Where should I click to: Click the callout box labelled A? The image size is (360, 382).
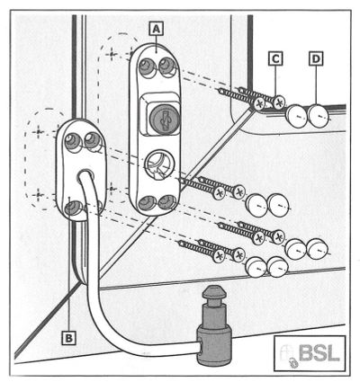(x=156, y=30)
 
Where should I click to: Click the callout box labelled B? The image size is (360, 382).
(x=68, y=338)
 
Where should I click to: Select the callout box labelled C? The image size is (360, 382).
(x=275, y=58)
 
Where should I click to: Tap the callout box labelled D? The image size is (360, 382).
(x=316, y=58)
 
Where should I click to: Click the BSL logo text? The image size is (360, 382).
(x=319, y=354)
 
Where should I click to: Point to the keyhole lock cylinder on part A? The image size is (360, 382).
(x=164, y=120)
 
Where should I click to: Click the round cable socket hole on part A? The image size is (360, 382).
(x=157, y=164)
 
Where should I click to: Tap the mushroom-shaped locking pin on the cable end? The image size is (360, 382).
(x=213, y=325)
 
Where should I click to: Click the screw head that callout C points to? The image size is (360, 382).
(x=279, y=103)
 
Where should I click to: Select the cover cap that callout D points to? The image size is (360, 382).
(x=319, y=116)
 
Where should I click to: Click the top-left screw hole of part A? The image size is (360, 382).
(x=147, y=66)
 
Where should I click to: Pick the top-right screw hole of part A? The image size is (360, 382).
(x=166, y=66)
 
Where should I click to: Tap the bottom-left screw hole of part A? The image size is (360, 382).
(x=147, y=203)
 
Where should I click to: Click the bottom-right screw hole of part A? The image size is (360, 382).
(x=166, y=202)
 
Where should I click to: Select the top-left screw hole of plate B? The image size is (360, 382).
(x=73, y=141)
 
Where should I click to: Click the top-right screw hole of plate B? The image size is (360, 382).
(x=93, y=140)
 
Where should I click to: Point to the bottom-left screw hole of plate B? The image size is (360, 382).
(x=74, y=208)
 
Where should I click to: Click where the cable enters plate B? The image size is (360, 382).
(x=86, y=176)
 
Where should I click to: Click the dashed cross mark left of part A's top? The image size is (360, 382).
(x=112, y=55)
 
